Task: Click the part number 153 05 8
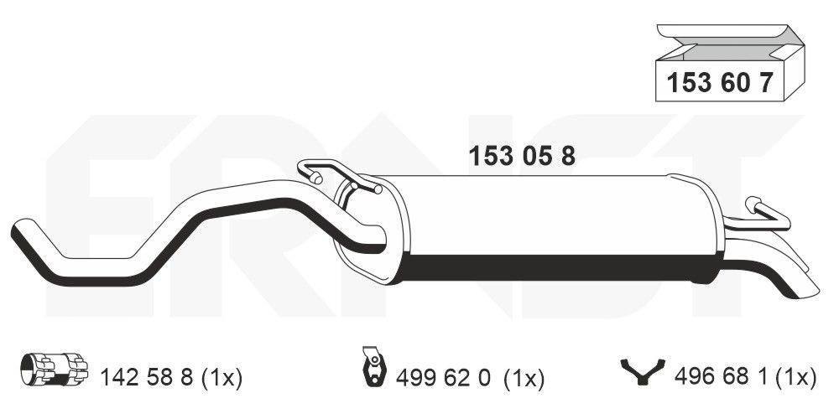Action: click(522, 157)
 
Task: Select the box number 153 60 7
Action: click(720, 83)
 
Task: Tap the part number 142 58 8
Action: click(147, 378)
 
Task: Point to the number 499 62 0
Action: click(443, 379)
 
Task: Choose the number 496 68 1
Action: click(720, 377)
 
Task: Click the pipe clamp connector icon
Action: click(54, 369)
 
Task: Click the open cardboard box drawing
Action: click(730, 63)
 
